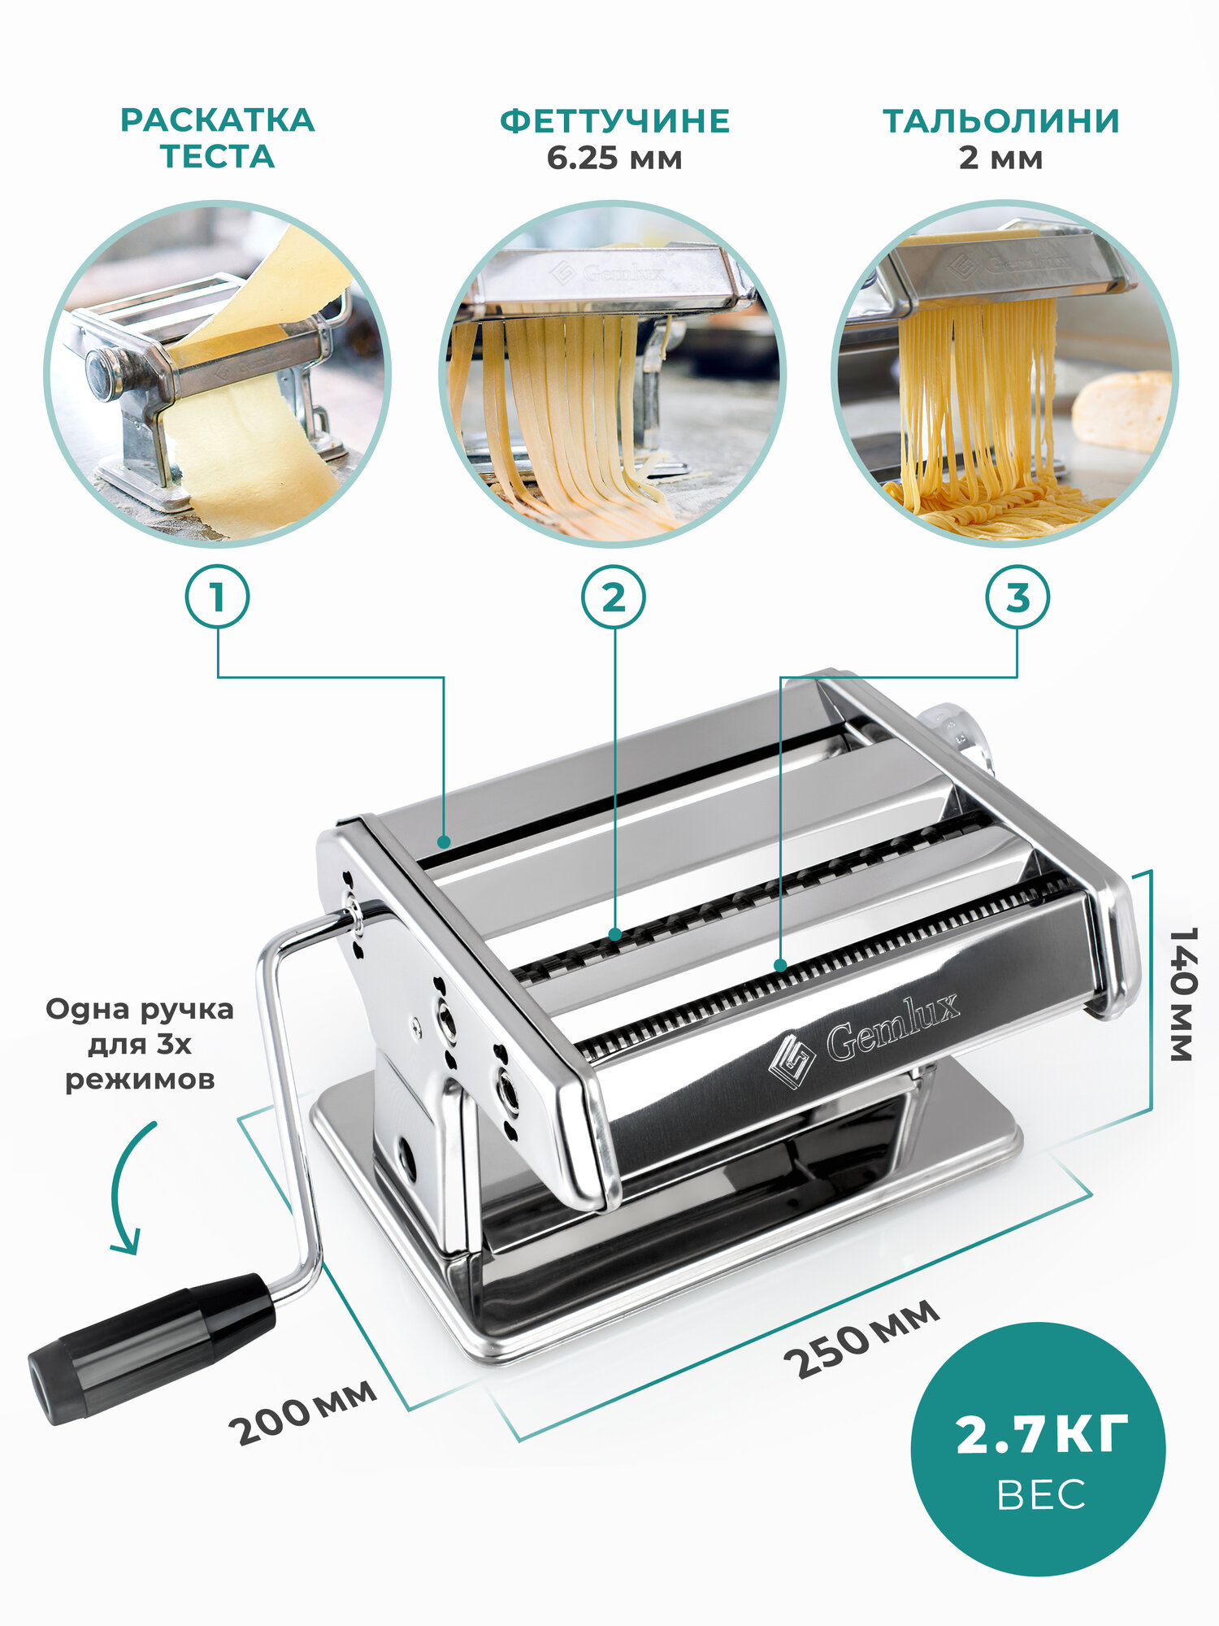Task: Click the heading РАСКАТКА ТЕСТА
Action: (217, 138)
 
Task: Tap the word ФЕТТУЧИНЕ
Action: (614, 121)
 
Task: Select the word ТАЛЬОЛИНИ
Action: (1001, 121)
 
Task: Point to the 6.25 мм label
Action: (614, 158)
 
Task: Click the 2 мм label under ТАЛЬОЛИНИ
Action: (1001, 158)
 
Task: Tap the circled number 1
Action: (217, 598)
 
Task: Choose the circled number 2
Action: (614, 598)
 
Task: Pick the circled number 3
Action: (1017, 598)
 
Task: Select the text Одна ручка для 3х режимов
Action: (140, 1044)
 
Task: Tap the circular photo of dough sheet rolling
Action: (217, 373)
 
